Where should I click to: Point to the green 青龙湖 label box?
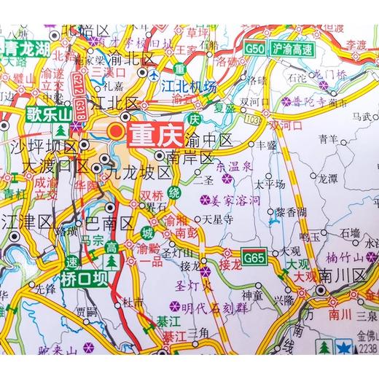pos(26,50)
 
